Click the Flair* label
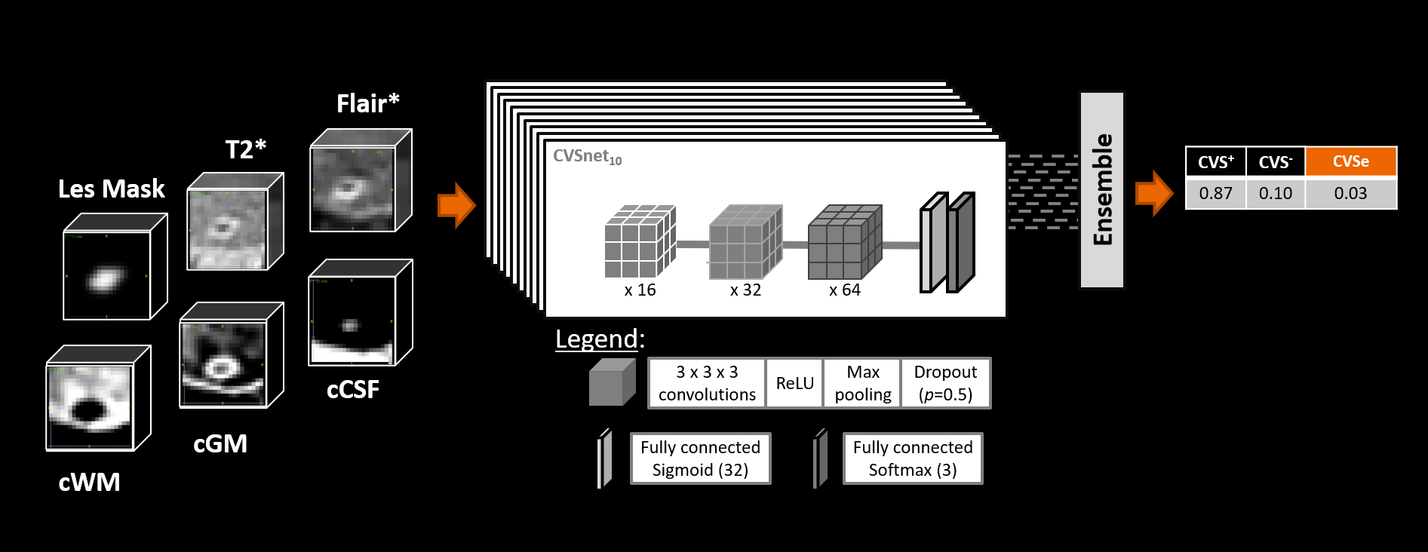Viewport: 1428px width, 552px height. pos(367,103)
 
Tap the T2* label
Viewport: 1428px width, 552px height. pos(245,149)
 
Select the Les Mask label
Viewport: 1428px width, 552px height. pos(111,189)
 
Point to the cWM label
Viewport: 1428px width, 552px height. pos(89,482)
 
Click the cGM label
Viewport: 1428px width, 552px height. pos(220,443)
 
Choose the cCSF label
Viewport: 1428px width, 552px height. pos(352,389)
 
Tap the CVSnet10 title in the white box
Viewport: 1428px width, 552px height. pos(587,157)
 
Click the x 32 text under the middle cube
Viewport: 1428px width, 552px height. pos(745,290)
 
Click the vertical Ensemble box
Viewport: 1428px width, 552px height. pos(1102,189)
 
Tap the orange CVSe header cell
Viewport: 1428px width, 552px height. pos(1350,161)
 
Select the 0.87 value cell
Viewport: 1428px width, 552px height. pos(1215,193)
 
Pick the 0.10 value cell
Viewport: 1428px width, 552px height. pos(1275,193)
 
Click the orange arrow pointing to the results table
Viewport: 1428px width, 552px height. pos(1154,193)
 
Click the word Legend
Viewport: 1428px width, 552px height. pos(597,339)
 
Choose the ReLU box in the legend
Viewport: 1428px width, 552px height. pos(794,383)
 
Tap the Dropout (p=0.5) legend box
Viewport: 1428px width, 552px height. pos(945,383)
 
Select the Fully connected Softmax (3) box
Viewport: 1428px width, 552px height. pos(912,458)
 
